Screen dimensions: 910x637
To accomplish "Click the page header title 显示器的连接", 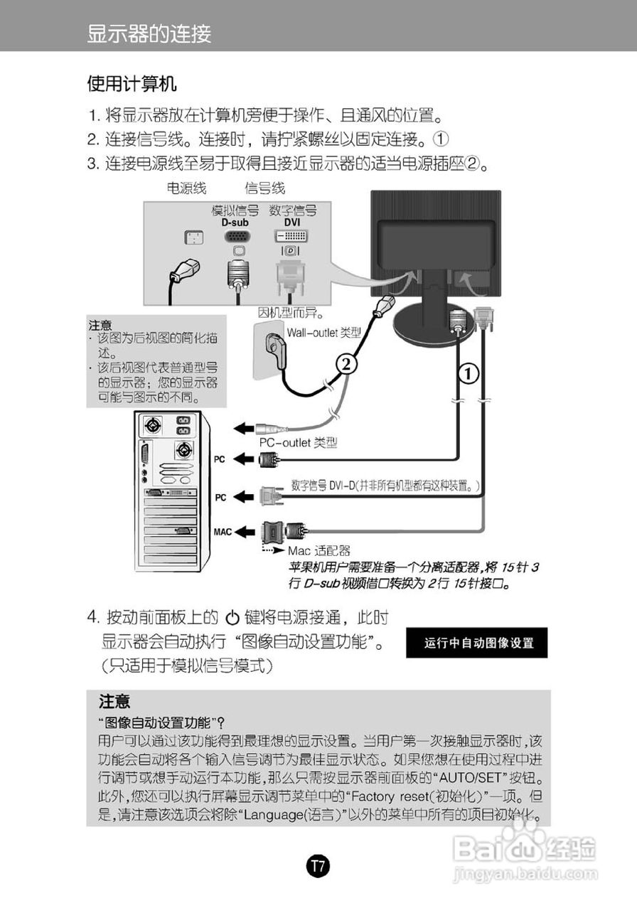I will (149, 33).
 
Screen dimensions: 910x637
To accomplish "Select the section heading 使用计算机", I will (132, 85).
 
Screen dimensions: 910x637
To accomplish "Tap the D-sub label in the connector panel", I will (234, 223).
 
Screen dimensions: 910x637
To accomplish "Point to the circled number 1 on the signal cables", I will (468, 372).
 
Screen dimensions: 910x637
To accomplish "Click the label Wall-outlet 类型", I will (324, 332).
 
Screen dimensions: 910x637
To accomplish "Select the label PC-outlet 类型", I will (298, 443).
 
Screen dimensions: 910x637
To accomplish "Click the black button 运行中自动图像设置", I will (478, 643).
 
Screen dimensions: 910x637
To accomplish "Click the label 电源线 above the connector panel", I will (186, 188).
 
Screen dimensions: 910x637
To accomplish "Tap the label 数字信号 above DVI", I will (292, 211).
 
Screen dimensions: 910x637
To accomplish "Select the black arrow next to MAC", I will (245, 530).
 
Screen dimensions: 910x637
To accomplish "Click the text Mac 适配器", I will (319, 551).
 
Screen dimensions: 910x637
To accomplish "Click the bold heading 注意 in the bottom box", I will (114, 702).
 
